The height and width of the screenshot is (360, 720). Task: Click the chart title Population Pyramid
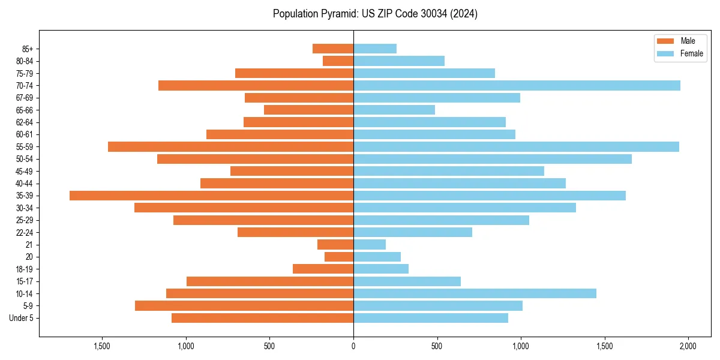(375, 14)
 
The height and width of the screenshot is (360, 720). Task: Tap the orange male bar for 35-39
(211, 196)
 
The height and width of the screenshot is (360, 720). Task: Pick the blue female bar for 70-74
(517, 86)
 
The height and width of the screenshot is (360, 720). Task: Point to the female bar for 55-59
(516, 147)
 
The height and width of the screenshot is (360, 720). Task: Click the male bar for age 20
(339, 257)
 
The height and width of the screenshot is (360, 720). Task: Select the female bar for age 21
(370, 245)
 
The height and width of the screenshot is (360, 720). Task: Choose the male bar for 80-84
(338, 61)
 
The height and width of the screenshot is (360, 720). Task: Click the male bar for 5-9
(244, 306)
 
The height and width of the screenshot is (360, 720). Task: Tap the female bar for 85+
(375, 49)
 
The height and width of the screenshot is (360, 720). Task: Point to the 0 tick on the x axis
(353, 346)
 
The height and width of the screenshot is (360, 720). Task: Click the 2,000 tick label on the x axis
(688, 346)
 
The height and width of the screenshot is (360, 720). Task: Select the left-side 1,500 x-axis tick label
(102, 346)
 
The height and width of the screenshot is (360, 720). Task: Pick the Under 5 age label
(22, 318)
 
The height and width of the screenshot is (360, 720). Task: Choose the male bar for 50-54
(255, 159)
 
